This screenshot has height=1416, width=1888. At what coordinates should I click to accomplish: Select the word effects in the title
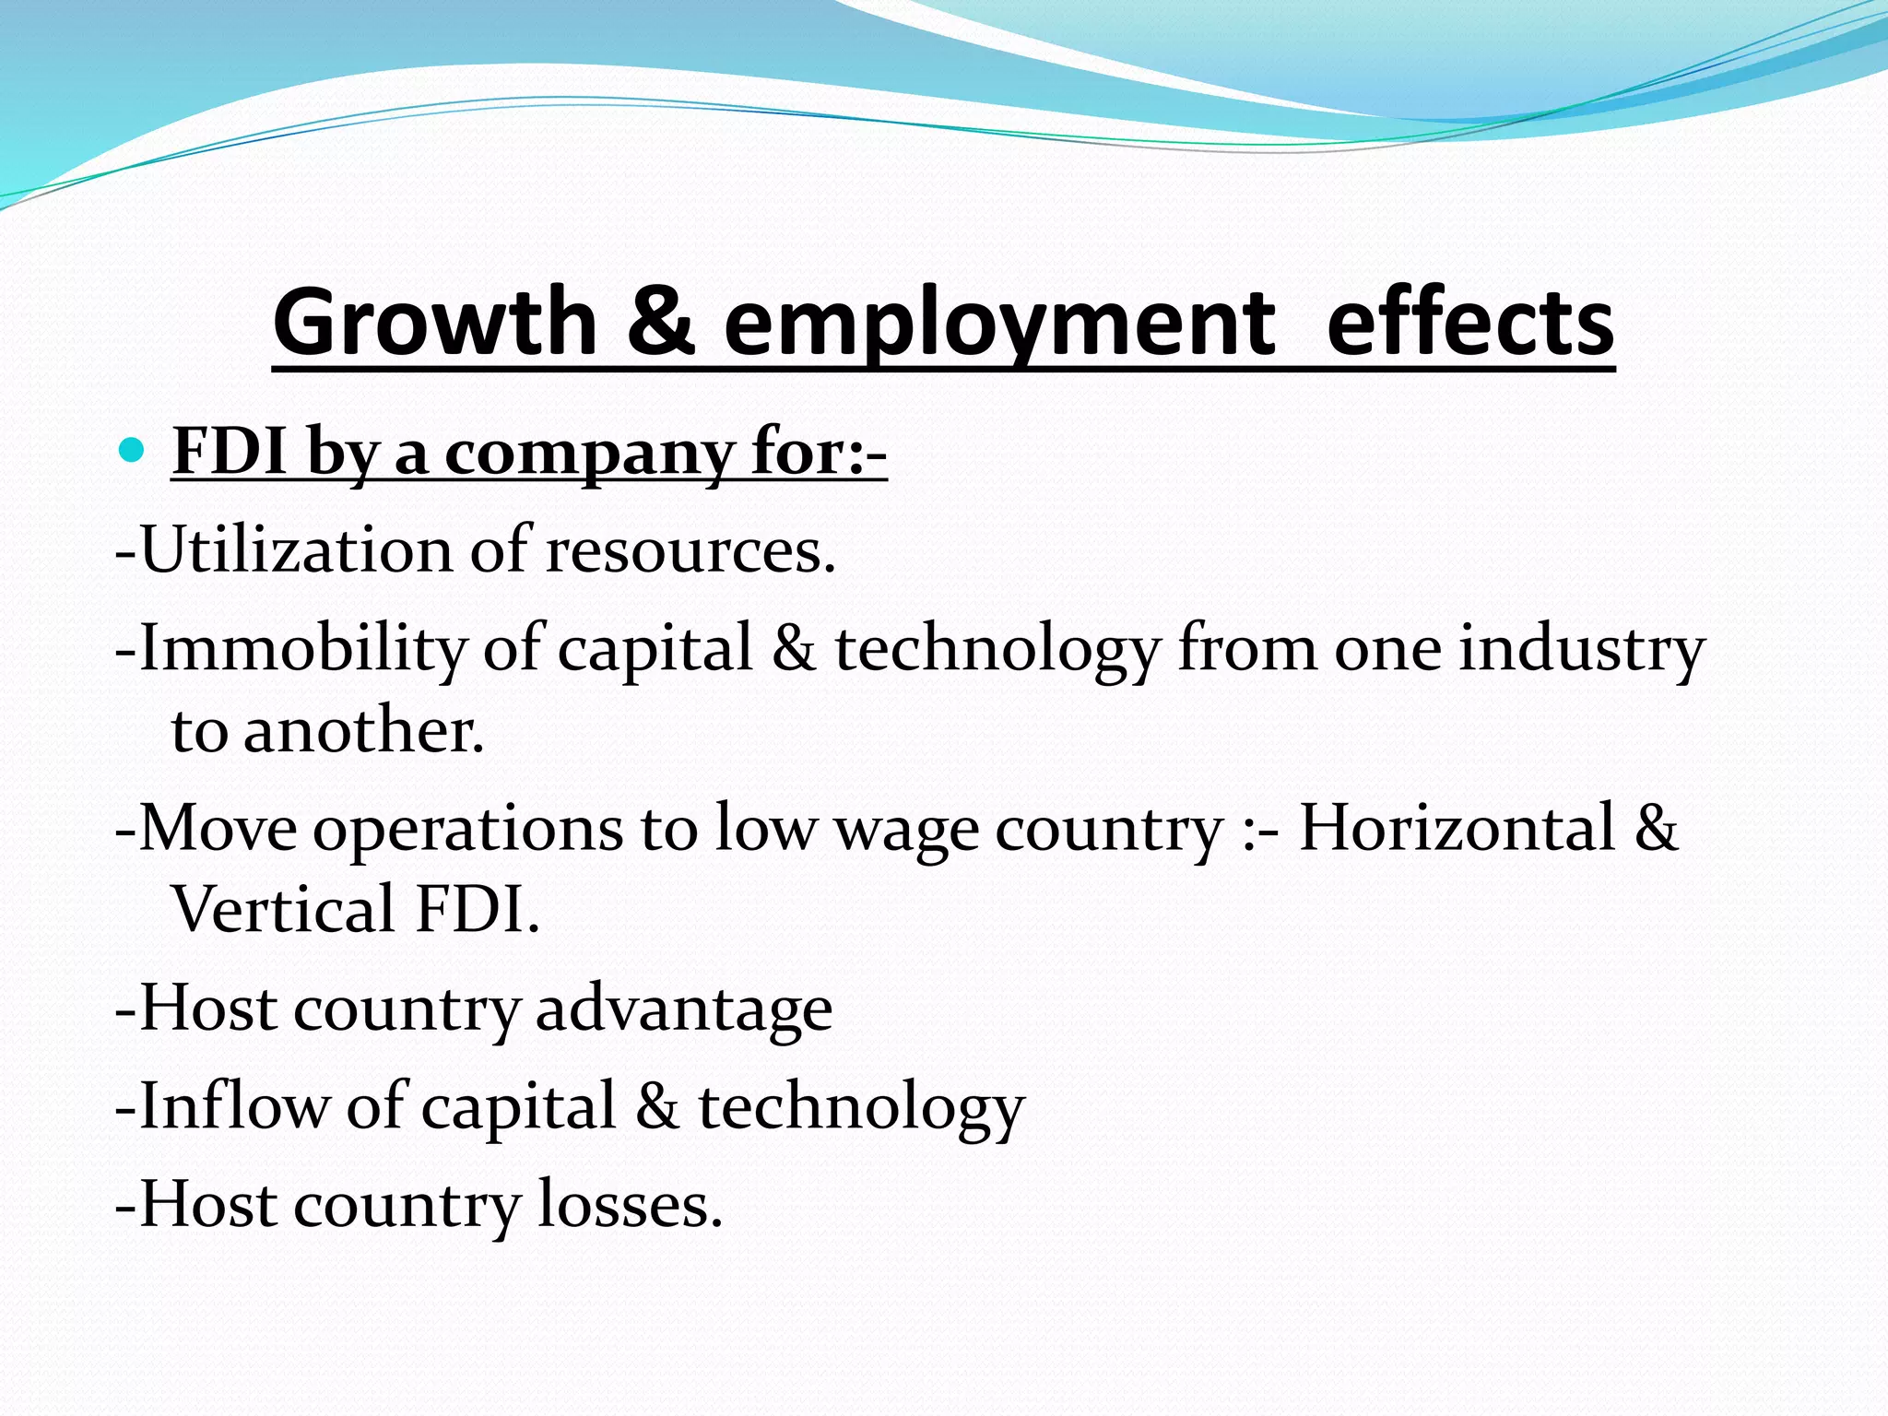1469,323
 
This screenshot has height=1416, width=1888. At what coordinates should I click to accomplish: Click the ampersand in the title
660,323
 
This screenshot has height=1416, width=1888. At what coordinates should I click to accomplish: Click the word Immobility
303,647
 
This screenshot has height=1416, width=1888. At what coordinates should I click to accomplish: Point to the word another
363,730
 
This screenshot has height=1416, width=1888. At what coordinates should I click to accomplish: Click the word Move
218,828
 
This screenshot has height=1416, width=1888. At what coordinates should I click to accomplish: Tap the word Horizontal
1457,827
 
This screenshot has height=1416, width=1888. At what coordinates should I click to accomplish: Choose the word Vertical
284,909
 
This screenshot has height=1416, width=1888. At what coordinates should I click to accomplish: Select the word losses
630,1205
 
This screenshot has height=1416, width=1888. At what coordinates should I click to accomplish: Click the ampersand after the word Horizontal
1656,827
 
